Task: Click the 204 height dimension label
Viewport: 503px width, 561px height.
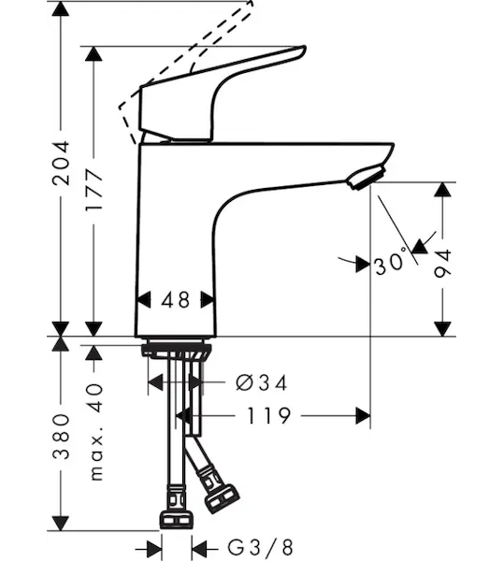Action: (61, 163)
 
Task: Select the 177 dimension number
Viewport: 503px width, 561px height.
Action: (93, 191)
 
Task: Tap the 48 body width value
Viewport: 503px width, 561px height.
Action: (175, 300)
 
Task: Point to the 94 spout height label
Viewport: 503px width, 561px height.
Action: (443, 264)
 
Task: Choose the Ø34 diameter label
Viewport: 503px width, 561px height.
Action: (262, 382)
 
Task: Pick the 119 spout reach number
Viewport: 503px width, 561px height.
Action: (268, 416)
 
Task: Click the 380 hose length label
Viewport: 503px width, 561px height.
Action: (61, 437)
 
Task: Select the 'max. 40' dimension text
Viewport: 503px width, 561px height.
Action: (95, 432)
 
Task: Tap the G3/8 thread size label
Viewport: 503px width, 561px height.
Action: (261, 547)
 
